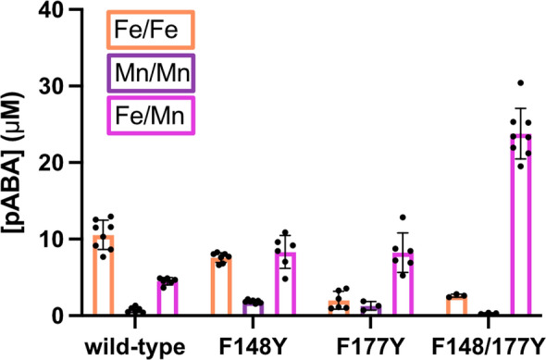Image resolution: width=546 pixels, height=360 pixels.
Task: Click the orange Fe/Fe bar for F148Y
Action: pos(221,287)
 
